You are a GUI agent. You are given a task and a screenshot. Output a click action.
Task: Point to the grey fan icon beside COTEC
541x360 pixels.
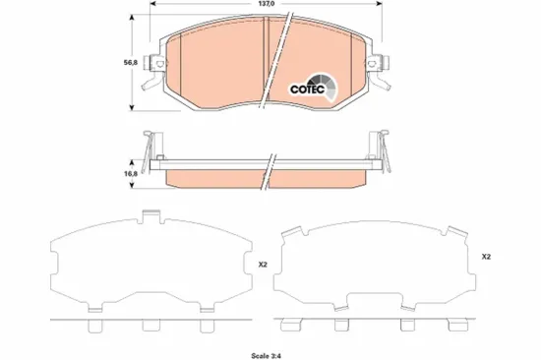(x=328, y=87)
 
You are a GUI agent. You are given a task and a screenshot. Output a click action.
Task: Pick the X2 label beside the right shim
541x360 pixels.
(x=486, y=257)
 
